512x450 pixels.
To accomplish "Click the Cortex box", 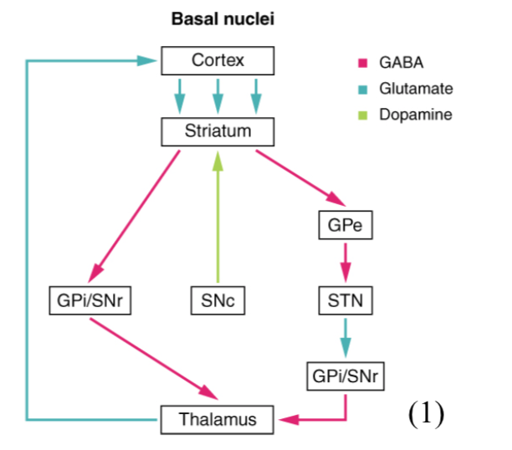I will (x=218, y=60).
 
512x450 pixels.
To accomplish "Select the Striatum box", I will (x=218, y=131).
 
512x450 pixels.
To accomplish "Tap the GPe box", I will (x=345, y=226).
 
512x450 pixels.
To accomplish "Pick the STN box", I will (x=345, y=300).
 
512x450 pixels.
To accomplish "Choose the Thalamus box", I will (x=218, y=419).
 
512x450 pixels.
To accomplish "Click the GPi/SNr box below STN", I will (x=345, y=376).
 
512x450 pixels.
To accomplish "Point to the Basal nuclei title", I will (x=223, y=18).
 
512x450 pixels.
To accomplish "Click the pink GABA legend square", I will (x=363, y=63).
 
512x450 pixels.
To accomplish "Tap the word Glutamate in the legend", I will (x=416, y=88).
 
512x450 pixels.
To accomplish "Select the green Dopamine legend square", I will (x=363, y=114).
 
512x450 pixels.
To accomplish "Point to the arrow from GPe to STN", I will (x=345, y=263).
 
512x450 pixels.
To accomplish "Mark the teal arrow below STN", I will (x=345, y=338).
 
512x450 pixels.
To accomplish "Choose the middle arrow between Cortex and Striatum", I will (x=218, y=95).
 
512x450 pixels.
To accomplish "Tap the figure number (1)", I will (x=426, y=414).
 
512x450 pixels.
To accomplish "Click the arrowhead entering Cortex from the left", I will (x=150, y=60).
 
